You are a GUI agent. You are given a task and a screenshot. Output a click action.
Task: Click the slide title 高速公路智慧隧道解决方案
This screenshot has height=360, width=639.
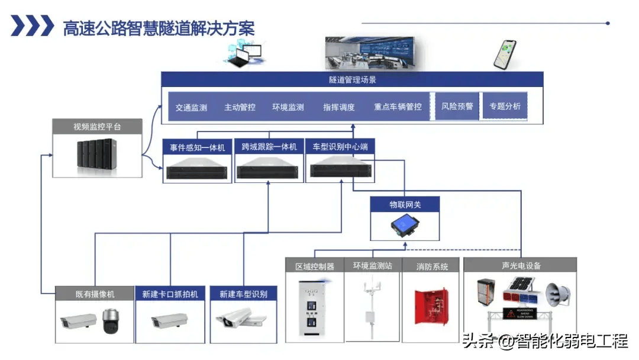(x=159, y=27)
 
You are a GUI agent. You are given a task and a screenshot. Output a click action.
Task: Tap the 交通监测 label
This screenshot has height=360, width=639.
(x=191, y=108)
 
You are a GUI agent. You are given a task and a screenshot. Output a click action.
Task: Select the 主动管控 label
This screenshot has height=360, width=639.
(x=240, y=108)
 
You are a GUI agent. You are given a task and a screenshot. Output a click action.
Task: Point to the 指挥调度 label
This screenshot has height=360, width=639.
(x=339, y=108)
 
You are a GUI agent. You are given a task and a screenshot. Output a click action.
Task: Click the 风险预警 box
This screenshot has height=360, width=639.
(x=457, y=107)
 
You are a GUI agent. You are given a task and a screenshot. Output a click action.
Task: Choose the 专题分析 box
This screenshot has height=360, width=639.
(x=505, y=107)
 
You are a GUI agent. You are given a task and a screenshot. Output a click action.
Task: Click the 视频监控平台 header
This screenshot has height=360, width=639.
(x=97, y=127)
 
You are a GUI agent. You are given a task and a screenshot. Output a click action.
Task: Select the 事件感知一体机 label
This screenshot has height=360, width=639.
(x=198, y=147)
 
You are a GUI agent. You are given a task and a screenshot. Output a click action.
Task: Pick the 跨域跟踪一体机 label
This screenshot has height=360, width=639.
(x=269, y=146)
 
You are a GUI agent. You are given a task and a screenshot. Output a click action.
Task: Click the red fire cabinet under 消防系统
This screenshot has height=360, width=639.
(x=431, y=307)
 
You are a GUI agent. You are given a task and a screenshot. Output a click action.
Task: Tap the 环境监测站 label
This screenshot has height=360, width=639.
(x=373, y=266)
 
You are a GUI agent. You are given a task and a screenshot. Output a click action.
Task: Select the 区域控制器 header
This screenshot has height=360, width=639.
(x=315, y=266)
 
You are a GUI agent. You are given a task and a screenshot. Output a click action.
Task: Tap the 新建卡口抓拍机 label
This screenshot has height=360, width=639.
(x=170, y=294)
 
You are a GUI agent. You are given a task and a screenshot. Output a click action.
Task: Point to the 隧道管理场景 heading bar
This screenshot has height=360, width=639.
(x=352, y=79)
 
